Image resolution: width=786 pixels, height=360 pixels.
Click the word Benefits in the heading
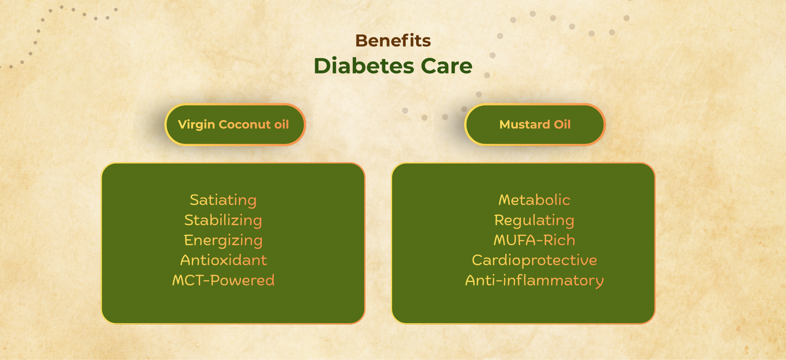(x=393, y=41)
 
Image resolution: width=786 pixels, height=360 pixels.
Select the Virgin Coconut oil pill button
(x=235, y=125)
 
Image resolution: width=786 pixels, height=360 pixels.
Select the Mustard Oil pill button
(x=535, y=125)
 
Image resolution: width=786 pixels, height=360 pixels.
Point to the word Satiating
(x=223, y=200)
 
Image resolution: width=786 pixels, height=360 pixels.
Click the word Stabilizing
(x=223, y=220)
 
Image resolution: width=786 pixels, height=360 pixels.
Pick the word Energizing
(x=223, y=240)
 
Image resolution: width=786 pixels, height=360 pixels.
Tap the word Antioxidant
(x=224, y=260)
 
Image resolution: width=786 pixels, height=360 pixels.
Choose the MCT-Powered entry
(x=223, y=280)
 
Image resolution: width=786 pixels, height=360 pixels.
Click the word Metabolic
(x=534, y=200)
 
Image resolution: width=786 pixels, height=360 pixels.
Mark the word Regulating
(x=534, y=220)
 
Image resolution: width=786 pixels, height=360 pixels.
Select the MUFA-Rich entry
(x=534, y=240)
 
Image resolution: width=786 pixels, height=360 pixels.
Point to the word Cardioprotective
(x=534, y=260)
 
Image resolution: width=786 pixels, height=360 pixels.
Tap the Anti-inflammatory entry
(x=534, y=280)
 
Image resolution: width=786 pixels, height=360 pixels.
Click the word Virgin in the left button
(x=196, y=125)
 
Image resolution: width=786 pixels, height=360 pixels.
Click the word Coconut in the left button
(x=245, y=125)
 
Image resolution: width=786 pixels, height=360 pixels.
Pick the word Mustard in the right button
(x=525, y=125)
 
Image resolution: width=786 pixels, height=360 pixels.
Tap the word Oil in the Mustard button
(x=562, y=125)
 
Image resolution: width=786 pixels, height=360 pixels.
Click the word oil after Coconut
(x=281, y=125)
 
